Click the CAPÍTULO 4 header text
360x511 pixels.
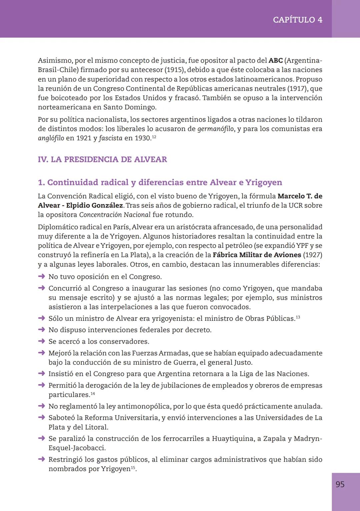[297, 20]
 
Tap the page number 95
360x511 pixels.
[340, 484]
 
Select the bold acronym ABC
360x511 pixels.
[275, 61]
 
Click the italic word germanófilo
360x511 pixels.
[216, 129]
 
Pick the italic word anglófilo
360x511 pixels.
[51, 138]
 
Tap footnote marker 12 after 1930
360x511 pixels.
[154, 137]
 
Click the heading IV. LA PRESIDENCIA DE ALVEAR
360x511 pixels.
[102, 160]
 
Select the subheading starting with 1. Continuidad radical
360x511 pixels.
[160, 183]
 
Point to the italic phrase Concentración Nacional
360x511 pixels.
[115, 215]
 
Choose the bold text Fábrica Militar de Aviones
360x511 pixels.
[257, 255]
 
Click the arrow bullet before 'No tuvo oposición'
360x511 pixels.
[41, 276]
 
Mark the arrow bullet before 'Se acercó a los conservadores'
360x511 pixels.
[41, 341]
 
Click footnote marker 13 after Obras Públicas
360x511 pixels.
[298, 317]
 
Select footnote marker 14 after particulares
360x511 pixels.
[93, 394]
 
